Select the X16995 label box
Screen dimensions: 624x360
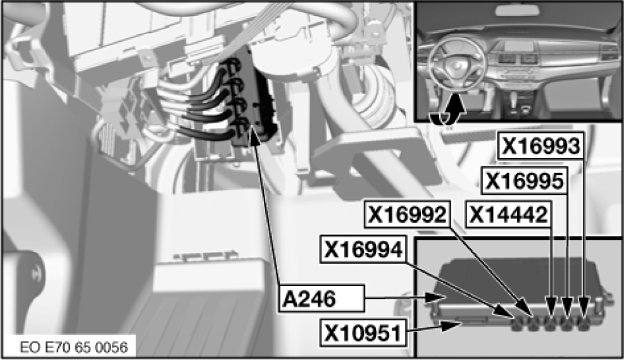click(525, 181)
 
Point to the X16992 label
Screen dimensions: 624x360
click(407, 214)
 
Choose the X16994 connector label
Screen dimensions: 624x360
click(363, 249)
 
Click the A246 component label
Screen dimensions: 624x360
click(321, 299)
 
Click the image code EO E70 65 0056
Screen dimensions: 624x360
click(74, 347)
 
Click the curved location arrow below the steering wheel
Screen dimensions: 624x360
click(447, 111)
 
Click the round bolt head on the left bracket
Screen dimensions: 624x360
click(37, 273)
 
